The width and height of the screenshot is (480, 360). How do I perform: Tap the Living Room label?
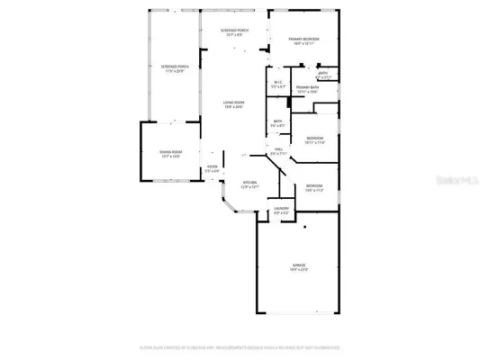pyautogui.click(x=234, y=103)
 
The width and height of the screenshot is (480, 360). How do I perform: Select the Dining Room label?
pyautogui.click(x=171, y=153)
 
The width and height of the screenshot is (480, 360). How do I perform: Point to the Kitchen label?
pyautogui.click(x=250, y=184)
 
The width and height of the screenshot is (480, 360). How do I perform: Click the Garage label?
pyautogui.click(x=298, y=265)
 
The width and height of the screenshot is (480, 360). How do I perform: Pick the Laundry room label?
pyautogui.click(x=282, y=211)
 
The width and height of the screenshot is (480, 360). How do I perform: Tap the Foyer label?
pyautogui.click(x=213, y=166)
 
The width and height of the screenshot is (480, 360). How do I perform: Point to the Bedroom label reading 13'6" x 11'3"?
pyautogui.click(x=314, y=186)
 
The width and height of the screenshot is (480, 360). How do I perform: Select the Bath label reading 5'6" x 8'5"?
pyautogui.click(x=278, y=123)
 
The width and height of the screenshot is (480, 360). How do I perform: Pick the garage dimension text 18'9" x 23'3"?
pyautogui.click(x=298, y=270)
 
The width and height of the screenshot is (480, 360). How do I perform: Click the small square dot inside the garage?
pyautogui.click(x=304, y=226)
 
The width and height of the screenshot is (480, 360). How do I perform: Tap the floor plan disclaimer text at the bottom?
pyautogui.click(x=240, y=346)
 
